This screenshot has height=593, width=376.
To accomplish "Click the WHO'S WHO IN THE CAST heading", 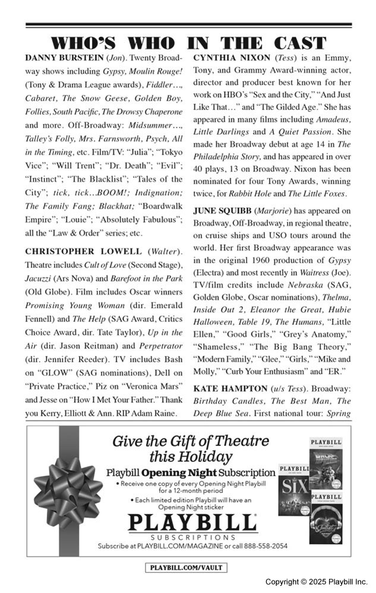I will pyautogui.click(x=188, y=43).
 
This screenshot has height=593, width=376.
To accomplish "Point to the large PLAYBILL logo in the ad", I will pyautogui.click(x=192, y=524).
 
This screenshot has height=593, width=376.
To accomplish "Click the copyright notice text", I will pyautogui.click(x=316, y=582).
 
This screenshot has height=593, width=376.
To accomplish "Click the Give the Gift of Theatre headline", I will pyautogui.click(x=191, y=449).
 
